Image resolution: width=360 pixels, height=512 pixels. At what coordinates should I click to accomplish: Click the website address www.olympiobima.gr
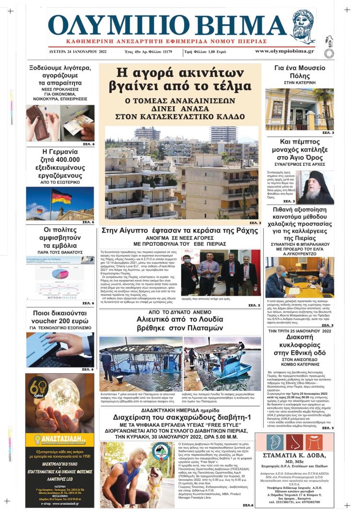(x=284, y=51)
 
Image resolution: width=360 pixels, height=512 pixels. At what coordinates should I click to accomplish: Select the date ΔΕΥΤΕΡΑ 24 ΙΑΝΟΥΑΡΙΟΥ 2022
(x=78, y=51)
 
